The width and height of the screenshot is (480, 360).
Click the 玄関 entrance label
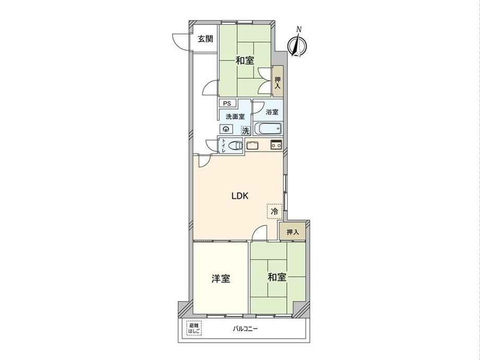205,39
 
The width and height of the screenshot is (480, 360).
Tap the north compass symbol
296,44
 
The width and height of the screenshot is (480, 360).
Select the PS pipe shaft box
227,103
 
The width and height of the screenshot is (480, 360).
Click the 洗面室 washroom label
235,117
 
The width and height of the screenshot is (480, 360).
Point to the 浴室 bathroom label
272,112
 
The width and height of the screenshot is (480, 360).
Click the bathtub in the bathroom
268,128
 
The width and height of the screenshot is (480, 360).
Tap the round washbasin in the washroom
227,129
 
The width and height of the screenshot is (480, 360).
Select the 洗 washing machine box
246,131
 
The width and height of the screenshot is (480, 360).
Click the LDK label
239,196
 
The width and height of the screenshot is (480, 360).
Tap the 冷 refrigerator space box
274,211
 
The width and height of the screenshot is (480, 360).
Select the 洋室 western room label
221,279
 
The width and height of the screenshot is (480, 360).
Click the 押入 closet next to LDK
292,232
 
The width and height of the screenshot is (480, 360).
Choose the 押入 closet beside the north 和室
278,82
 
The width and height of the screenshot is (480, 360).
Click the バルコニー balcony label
245,329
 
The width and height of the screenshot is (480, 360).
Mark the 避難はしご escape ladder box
194,328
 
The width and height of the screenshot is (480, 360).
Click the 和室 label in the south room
277,278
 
